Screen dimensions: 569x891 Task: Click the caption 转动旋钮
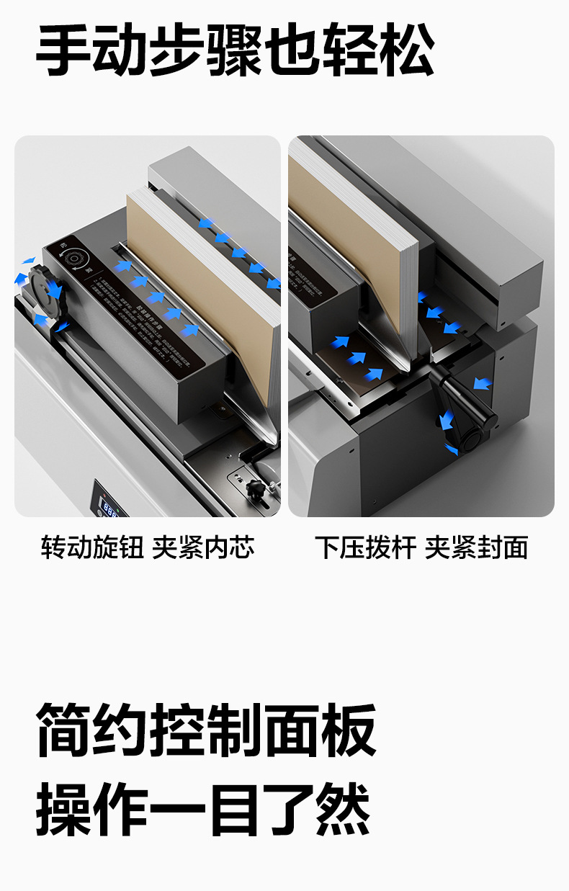coord(91,547)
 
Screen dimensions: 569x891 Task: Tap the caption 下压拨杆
coord(365,547)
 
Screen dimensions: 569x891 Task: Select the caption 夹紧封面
coord(476,547)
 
